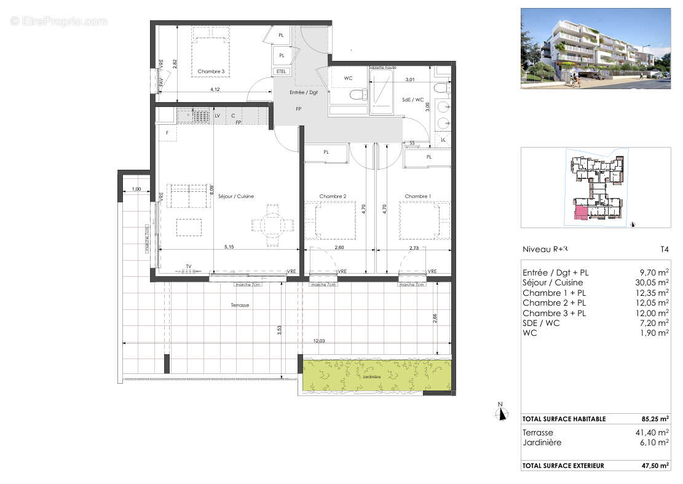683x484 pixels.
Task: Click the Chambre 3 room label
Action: click(x=211, y=72)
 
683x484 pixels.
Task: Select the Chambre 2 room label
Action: click(x=333, y=197)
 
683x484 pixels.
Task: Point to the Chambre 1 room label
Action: click(x=417, y=197)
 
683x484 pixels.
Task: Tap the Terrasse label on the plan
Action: click(x=240, y=305)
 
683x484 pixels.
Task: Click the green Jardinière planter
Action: click(x=377, y=376)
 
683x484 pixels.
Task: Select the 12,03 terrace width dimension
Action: click(x=318, y=341)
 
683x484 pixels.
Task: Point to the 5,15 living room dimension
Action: click(x=229, y=247)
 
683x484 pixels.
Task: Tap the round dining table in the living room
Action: click(x=270, y=226)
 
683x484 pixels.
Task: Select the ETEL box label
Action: click(x=282, y=71)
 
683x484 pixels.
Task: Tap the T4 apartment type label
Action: click(x=664, y=250)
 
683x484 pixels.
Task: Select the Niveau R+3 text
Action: click(x=544, y=250)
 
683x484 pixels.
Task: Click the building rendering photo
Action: click(x=595, y=48)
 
